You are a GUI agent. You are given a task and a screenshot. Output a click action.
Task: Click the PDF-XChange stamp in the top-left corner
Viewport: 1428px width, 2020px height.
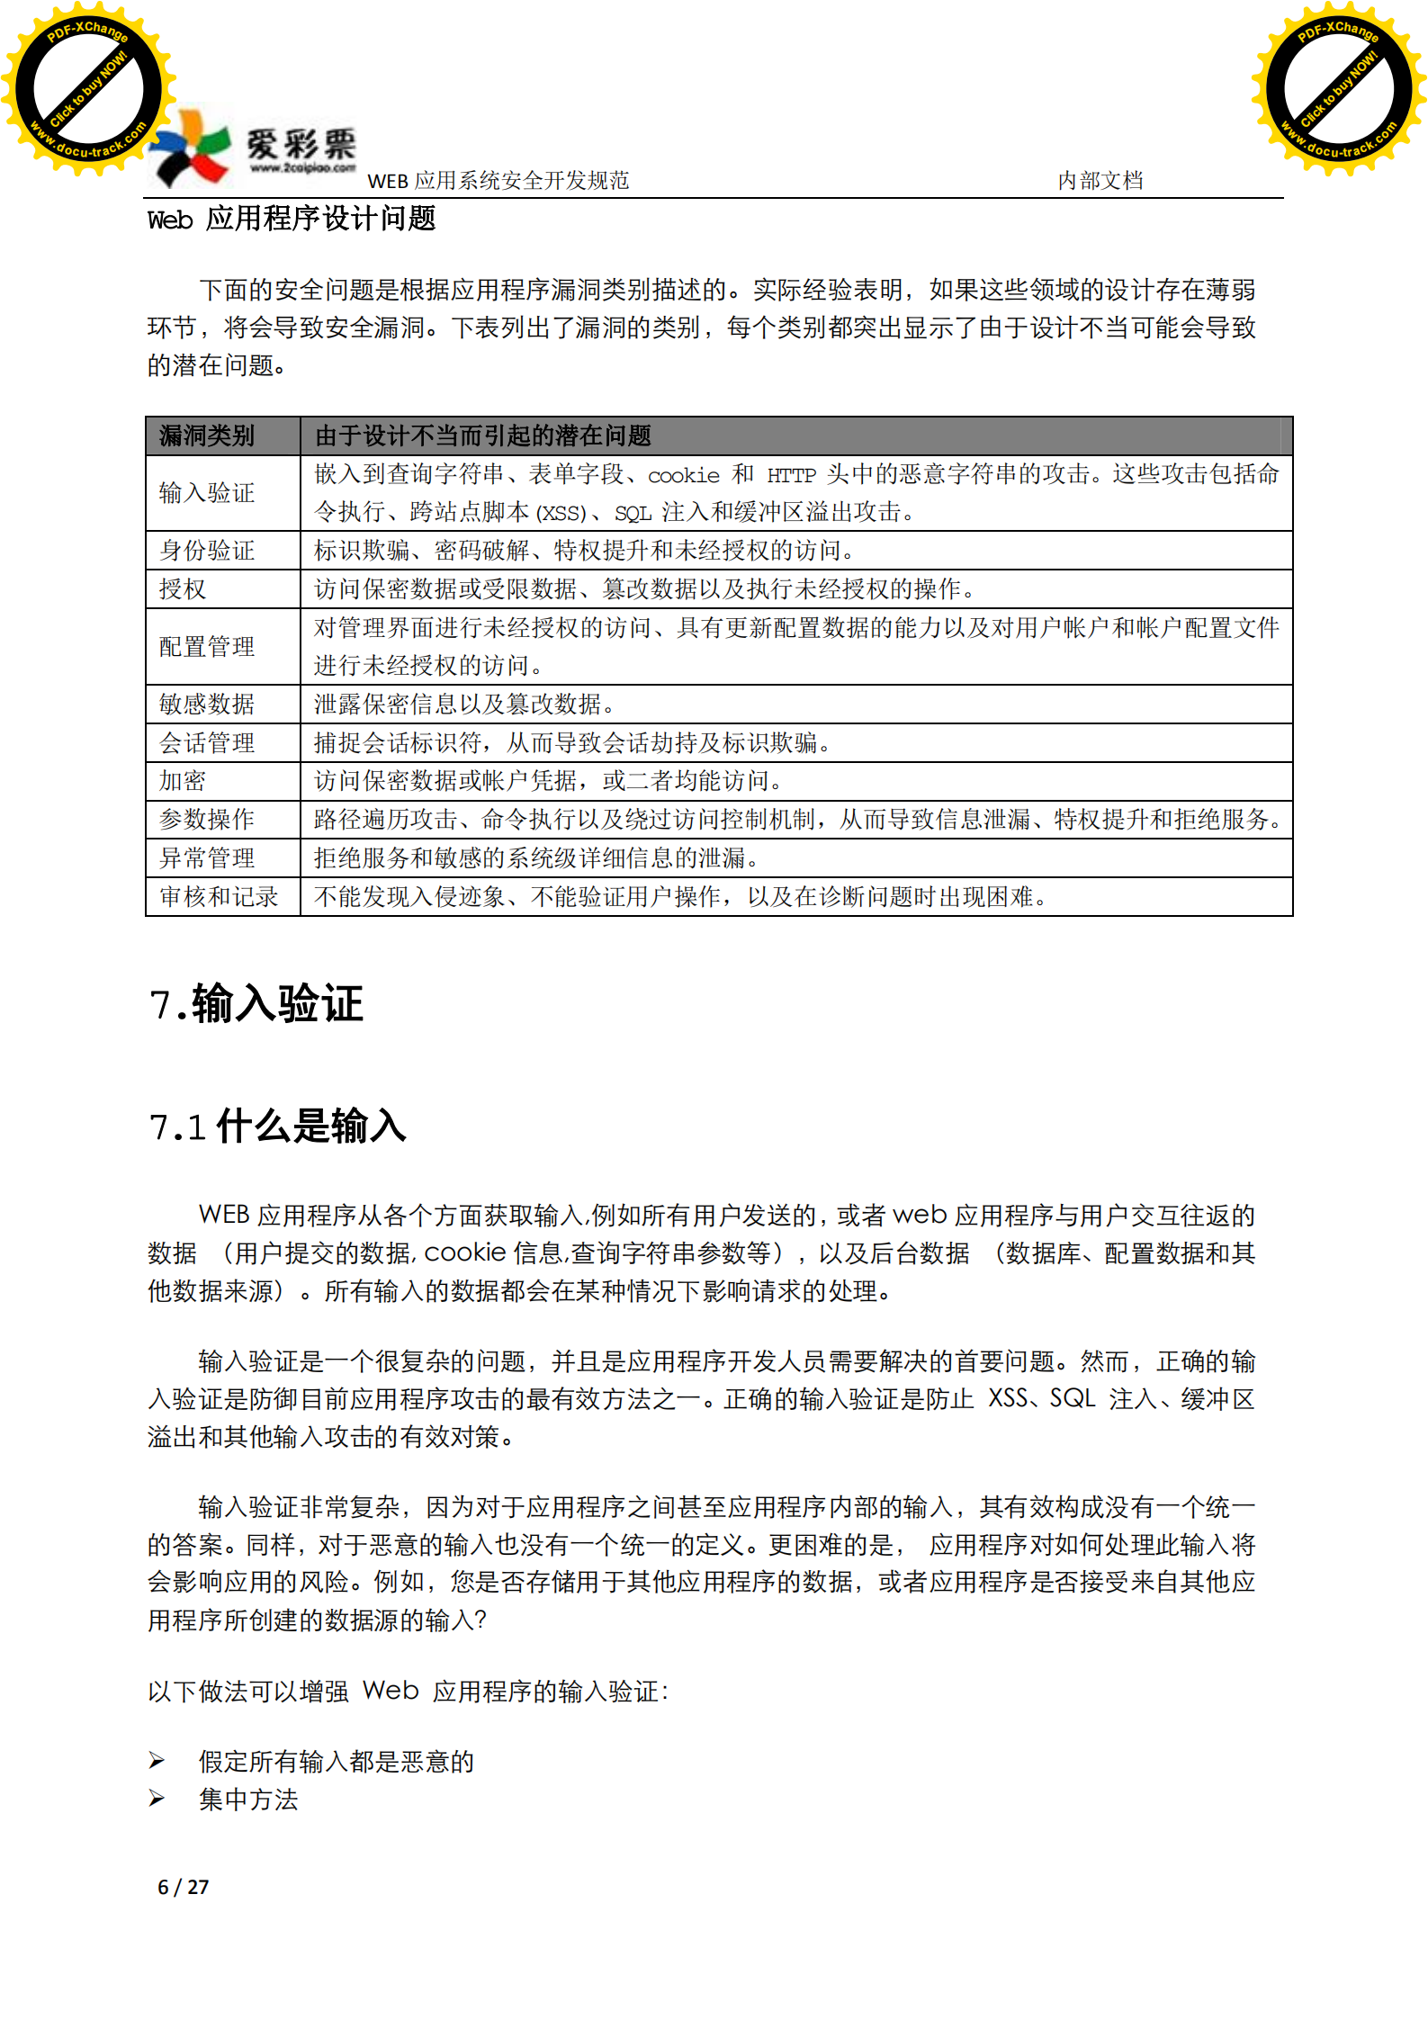87,89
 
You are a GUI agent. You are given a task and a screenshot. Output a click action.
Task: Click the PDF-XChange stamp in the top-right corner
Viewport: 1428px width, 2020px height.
1338,89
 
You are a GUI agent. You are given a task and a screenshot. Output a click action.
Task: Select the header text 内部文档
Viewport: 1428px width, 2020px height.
1100,181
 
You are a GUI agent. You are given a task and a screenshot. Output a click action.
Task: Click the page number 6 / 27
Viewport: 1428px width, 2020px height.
184,1887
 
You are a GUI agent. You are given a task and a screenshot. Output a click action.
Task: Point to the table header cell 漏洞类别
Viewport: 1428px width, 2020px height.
207,436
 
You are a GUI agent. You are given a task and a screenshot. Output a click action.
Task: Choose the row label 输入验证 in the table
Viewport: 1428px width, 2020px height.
207,493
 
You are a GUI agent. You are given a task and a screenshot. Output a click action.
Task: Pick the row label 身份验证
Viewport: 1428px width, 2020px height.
207,551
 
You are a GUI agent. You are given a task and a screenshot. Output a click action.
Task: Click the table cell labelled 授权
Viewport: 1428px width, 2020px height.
183,589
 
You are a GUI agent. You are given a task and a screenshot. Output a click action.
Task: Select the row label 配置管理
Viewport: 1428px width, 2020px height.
207,647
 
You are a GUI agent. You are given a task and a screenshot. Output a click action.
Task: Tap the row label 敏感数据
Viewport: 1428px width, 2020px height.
207,705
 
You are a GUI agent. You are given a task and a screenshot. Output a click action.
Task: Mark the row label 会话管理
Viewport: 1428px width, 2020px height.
207,743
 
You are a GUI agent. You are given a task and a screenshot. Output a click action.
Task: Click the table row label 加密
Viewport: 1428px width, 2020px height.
183,781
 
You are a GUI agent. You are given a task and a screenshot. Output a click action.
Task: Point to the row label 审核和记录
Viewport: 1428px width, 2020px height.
219,897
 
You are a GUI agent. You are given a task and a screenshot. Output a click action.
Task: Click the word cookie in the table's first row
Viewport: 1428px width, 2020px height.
684,475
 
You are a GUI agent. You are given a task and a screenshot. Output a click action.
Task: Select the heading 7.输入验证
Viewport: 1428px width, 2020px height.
256,1004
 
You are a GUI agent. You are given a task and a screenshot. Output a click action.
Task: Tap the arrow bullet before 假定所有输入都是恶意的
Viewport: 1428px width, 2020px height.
157,1760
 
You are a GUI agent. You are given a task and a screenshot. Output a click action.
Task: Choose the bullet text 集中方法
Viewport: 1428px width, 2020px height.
248,1800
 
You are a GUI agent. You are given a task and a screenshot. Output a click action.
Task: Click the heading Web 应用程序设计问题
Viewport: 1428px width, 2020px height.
292,220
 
